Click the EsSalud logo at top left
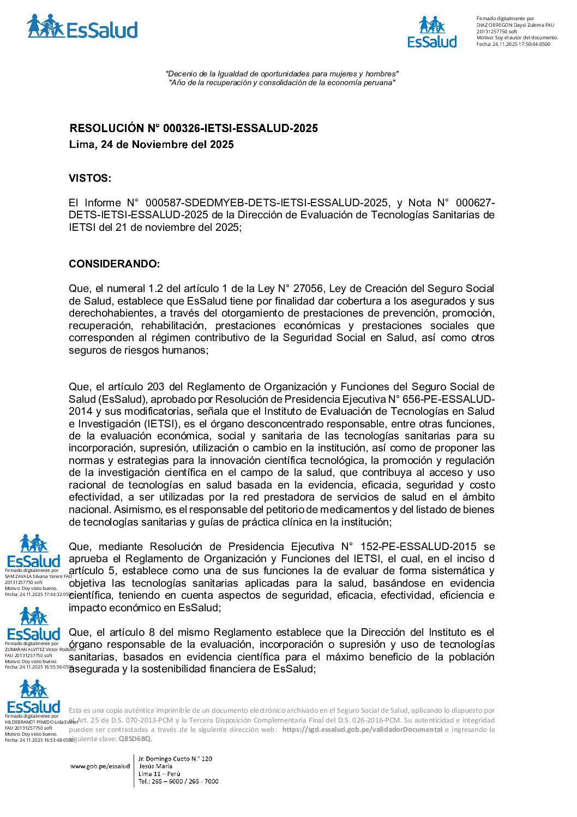tap(82, 27)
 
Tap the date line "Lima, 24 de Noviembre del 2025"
tap(151, 145)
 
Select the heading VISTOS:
tap(89, 178)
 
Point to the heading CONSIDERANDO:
tap(114, 264)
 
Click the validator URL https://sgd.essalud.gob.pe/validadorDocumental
tap(362, 730)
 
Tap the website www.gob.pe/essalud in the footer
tap(100, 766)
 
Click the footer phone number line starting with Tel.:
tap(178, 782)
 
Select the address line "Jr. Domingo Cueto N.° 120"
tap(175, 759)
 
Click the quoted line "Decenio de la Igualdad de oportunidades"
tap(282, 74)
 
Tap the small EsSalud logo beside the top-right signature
tap(432, 32)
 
